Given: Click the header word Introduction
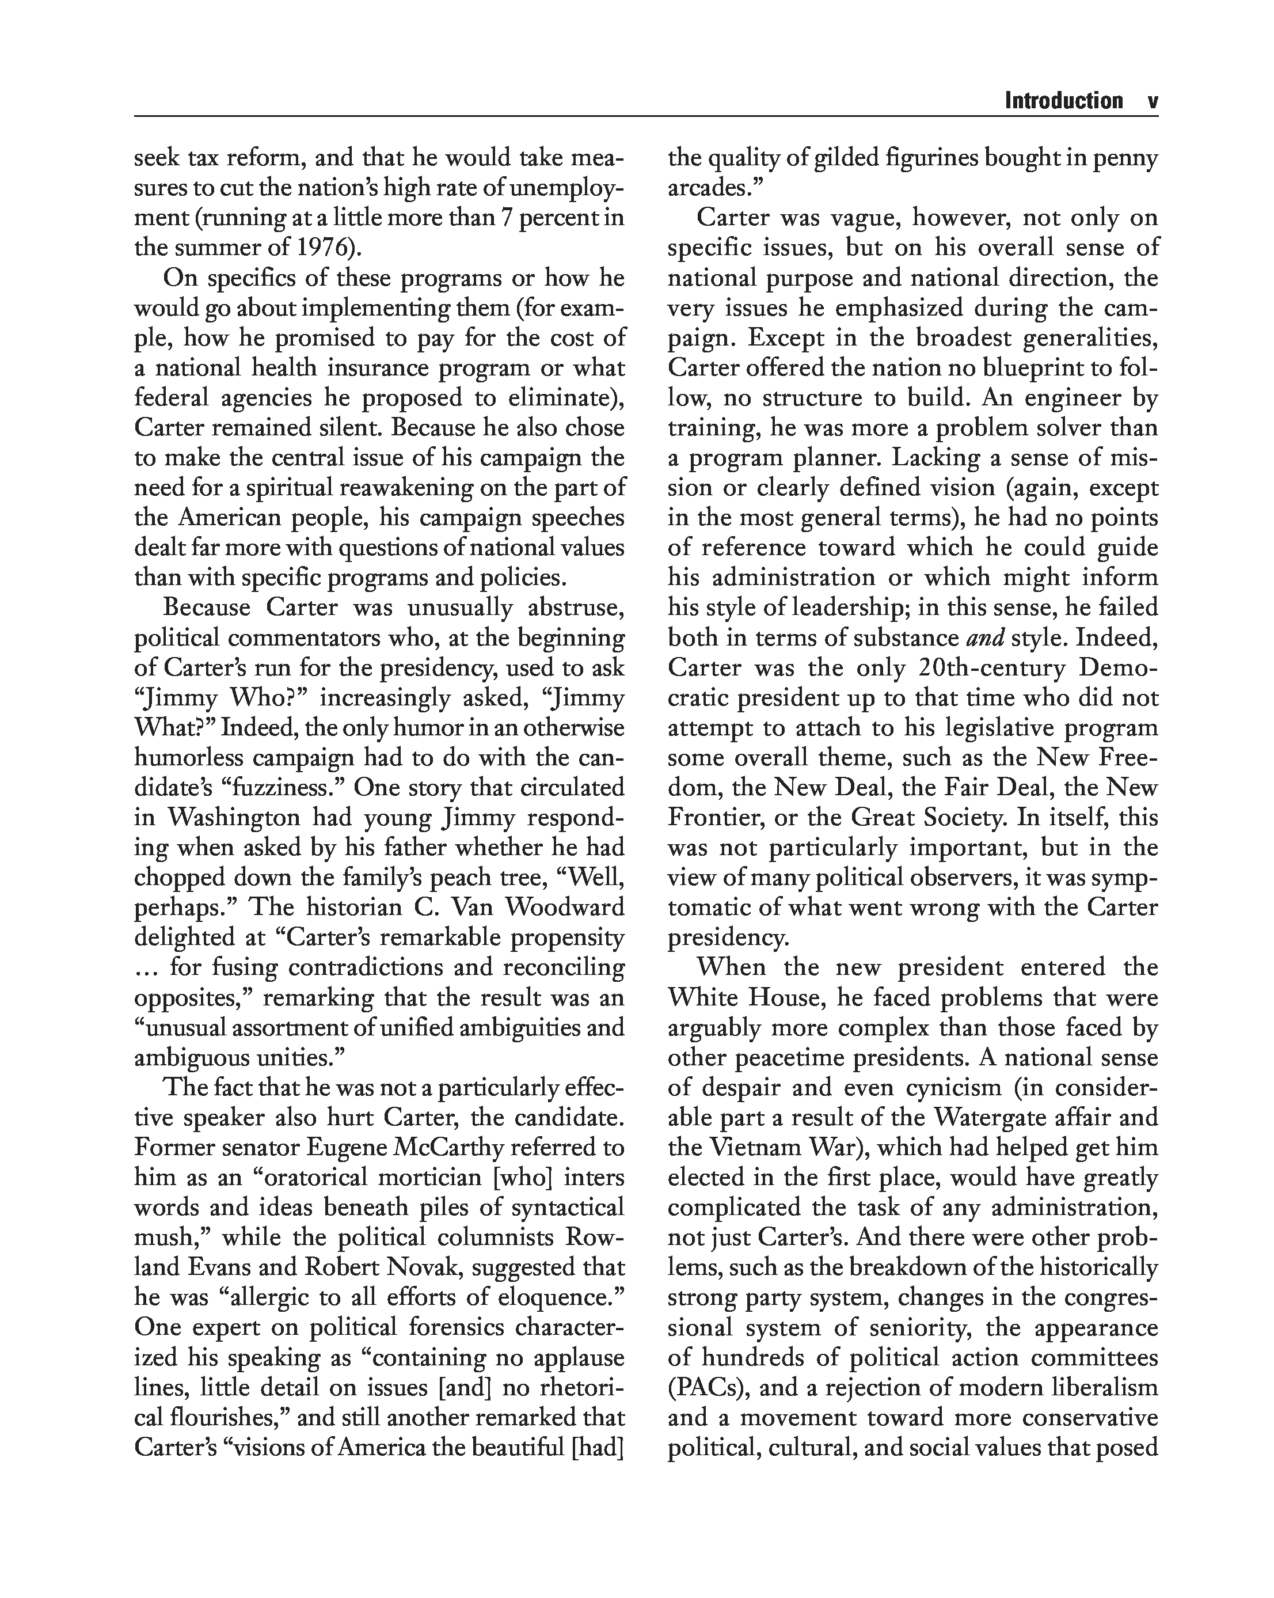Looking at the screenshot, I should (x=1063, y=101).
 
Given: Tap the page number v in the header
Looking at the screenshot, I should (x=1153, y=101).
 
